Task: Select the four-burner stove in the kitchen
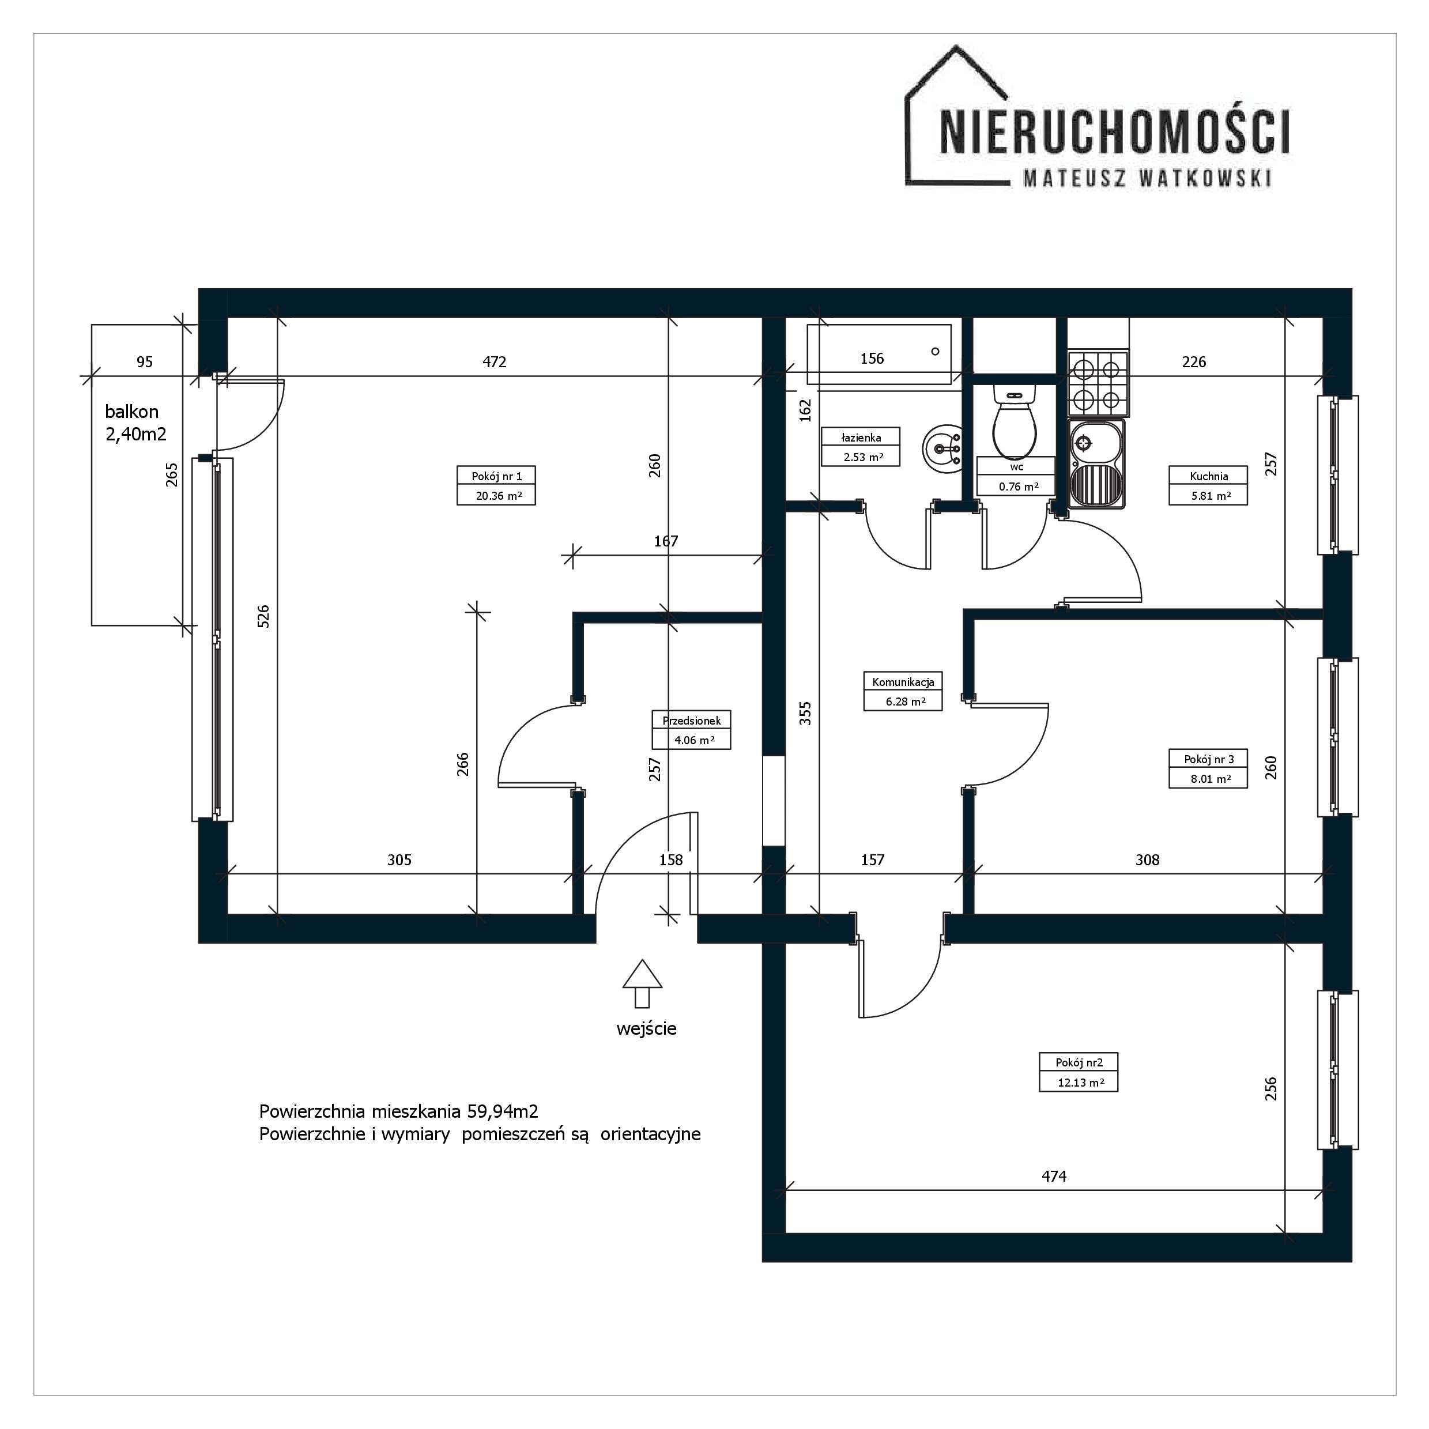(x=1098, y=382)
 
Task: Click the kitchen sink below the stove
(x=1096, y=463)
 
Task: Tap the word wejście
(x=646, y=1028)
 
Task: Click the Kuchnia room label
(x=1209, y=476)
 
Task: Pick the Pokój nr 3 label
(x=1209, y=759)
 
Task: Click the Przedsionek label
(x=692, y=721)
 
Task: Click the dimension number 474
(x=1054, y=1176)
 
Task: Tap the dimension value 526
(x=263, y=616)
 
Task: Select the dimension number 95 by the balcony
(x=145, y=361)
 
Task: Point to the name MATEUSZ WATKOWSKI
(x=1147, y=178)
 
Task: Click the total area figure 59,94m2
(x=502, y=1111)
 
